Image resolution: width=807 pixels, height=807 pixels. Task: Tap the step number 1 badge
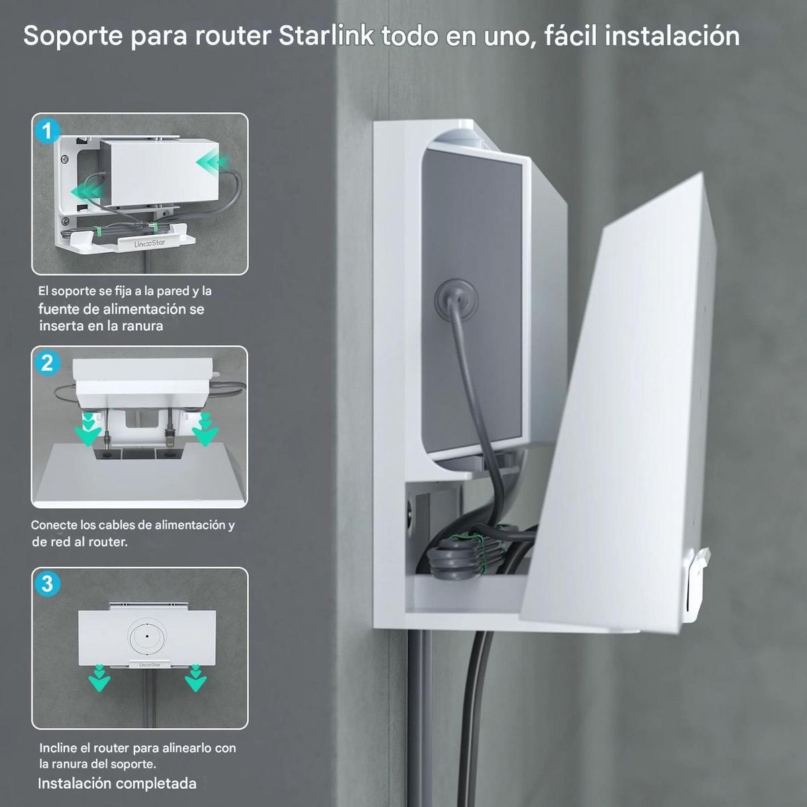pos(47,130)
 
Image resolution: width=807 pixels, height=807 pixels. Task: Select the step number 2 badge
pos(47,363)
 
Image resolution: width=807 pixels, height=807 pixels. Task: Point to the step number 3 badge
pos(47,583)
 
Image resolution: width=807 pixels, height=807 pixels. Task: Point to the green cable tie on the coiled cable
pos(479,547)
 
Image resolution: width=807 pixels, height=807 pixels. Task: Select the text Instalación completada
pos(117,783)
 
